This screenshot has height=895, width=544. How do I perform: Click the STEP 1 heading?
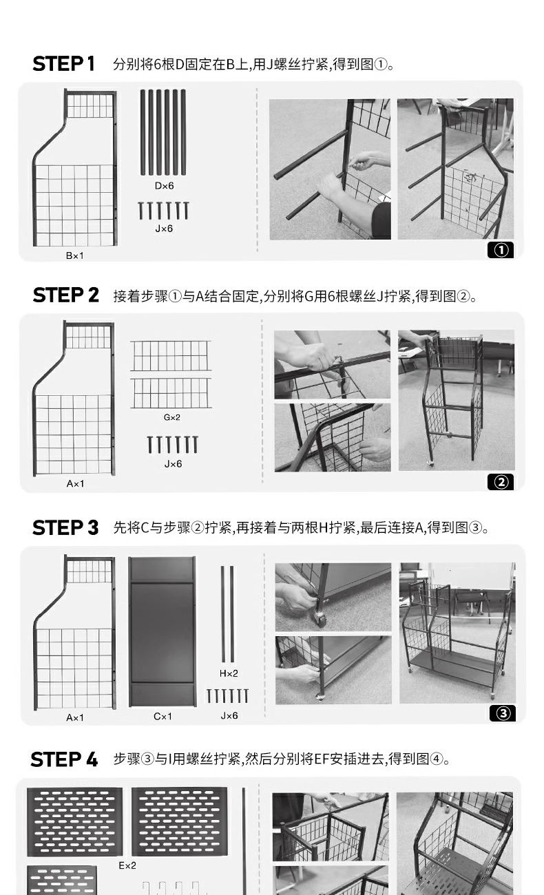tap(63, 64)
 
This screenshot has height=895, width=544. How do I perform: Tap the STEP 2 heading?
tap(65, 295)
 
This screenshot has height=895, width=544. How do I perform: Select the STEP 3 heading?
tap(65, 527)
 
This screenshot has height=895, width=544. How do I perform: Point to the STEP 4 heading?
tap(64, 759)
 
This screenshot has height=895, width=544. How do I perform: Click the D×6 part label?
tap(164, 186)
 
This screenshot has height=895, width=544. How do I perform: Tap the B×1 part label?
tap(75, 255)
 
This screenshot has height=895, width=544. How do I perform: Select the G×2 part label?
tap(172, 417)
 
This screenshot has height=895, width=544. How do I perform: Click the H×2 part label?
tap(229, 673)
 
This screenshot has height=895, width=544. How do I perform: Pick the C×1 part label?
tap(163, 717)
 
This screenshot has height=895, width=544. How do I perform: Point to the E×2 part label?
tap(127, 865)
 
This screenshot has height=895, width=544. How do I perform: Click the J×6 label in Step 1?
tap(164, 229)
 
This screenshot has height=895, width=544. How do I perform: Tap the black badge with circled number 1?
tap(501, 250)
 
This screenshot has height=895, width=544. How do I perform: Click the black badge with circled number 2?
tap(501, 482)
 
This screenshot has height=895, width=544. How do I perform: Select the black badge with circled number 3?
tap(503, 713)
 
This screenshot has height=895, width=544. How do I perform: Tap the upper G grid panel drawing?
tap(171, 356)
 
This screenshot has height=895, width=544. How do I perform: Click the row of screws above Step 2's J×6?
tap(173, 444)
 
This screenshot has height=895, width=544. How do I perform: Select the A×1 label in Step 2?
tap(75, 483)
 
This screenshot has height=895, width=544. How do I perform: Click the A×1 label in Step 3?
tap(75, 717)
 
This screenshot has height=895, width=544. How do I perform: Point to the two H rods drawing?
tap(227, 614)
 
